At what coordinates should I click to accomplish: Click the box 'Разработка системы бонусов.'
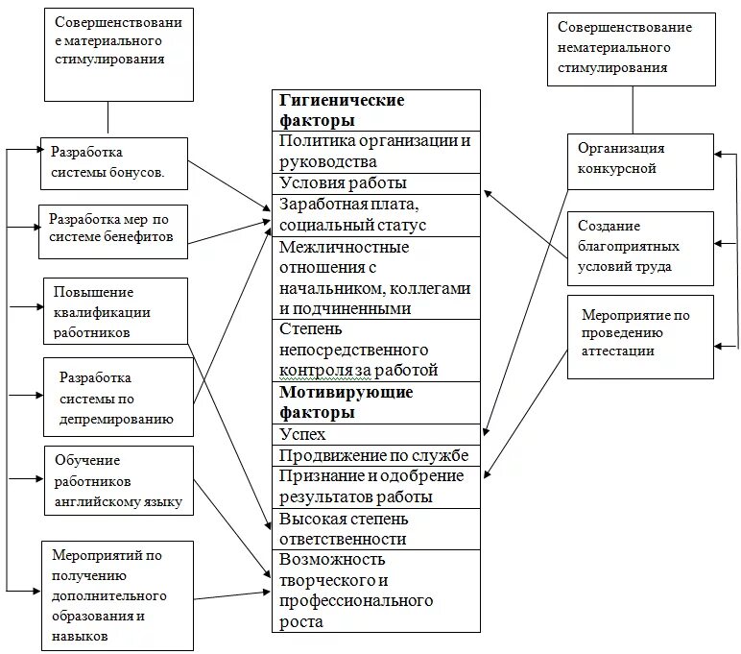[113, 163]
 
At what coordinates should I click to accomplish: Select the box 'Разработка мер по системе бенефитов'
[113, 230]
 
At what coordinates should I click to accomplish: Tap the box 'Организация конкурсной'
[640, 160]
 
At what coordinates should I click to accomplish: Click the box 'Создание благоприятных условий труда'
[640, 247]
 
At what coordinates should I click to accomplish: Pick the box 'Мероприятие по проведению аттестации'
[640, 336]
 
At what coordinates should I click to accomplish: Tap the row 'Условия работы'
[375, 183]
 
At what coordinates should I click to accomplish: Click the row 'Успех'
[375, 434]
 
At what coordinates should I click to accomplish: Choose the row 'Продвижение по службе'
[375, 455]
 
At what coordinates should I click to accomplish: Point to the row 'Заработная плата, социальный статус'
[375, 215]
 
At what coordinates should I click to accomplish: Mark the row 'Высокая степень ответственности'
[375, 529]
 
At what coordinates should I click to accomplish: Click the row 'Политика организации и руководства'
[375, 152]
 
